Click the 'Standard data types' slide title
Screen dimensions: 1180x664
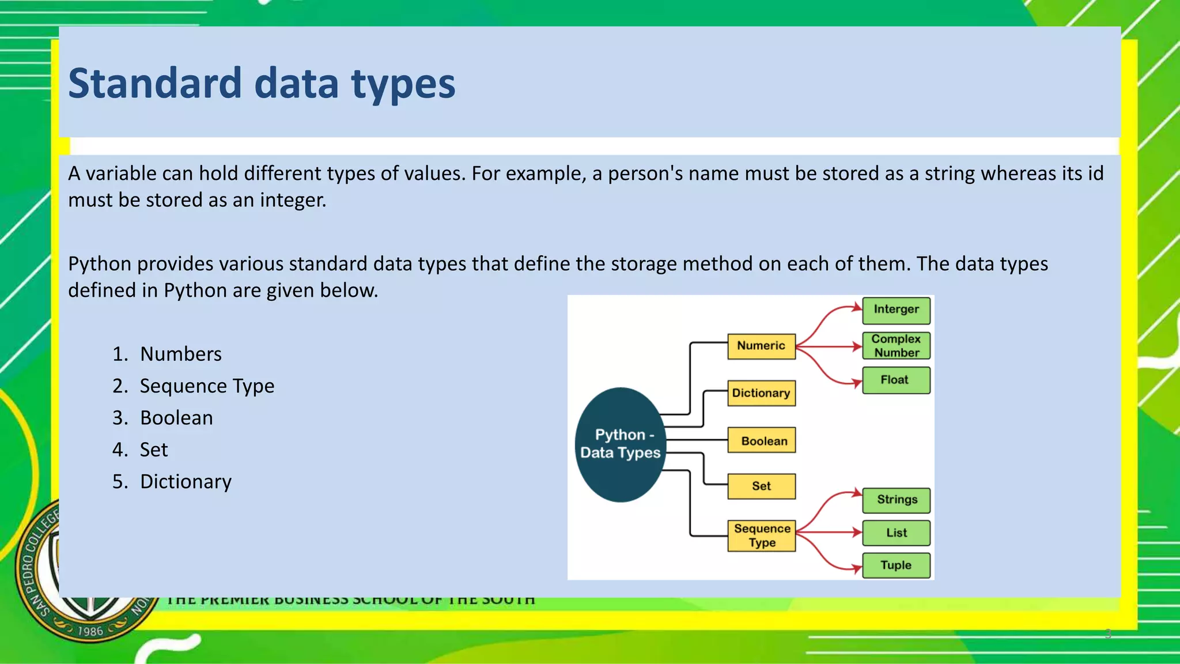click(262, 84)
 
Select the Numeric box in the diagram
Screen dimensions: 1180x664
click(761, 346)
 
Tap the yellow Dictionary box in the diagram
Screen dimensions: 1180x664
click(761, 393)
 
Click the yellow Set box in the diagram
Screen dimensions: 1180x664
click(761, 486)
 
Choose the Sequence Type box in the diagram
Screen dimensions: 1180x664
click(761, 535)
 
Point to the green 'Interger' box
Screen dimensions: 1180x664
click(896, 310)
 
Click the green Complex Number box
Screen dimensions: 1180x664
click(896, 346)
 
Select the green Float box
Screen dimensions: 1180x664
click(896, 380)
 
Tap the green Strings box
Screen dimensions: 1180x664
click(896, 500)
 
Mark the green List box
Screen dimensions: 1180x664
click(896, 533)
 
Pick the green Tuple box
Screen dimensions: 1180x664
click(896, 565)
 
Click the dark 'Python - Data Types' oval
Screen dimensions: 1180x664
click(620, 444)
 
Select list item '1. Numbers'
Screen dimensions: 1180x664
click(167, 354)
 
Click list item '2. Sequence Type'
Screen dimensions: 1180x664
click(194, 386)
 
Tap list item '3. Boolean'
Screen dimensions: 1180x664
click(163, 418)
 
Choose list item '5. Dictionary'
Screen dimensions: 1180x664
click(172, 482)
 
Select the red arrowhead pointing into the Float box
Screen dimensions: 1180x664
click(858, 383)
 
